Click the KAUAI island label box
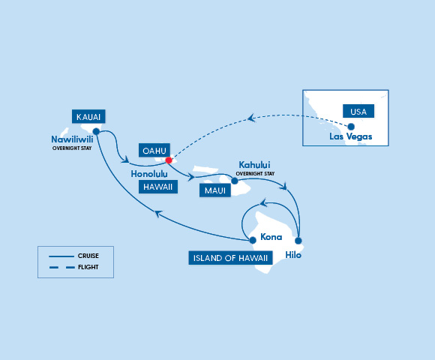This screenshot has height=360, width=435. click(x=88, y=116)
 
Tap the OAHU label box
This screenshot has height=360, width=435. click(x=154, y=150)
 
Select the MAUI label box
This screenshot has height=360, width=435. click(x=215, y=190)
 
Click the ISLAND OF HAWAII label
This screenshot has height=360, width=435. click(x=230, y=258)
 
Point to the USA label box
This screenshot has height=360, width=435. click(x=358, y=111)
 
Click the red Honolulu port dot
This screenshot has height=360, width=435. click(x=169, y=160)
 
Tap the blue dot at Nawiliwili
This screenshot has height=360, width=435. click(x=96, y=131)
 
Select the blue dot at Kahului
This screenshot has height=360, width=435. click(x=235, y=181)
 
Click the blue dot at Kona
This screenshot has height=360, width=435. click(x=253, y=240)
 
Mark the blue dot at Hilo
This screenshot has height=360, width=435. click(x=298, y=241)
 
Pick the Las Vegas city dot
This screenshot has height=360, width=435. click(x=351, y=127)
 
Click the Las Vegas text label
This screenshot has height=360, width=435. click(x=351, y=136)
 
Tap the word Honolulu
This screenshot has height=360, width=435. click(x=149, y=174)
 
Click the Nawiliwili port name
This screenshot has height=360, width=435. click(x=72, y=139)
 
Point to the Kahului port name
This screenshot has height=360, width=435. click(x=254, y=165)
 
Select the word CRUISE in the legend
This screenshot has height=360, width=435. click(x=88, y=256)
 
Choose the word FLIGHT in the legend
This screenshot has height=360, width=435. click(x=88, y=267)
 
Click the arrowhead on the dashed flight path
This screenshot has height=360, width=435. click(x=251, y=118)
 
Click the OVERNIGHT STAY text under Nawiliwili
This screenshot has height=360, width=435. click(x=72, y=148)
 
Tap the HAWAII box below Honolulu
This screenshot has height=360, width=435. click(x=157, y=187)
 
